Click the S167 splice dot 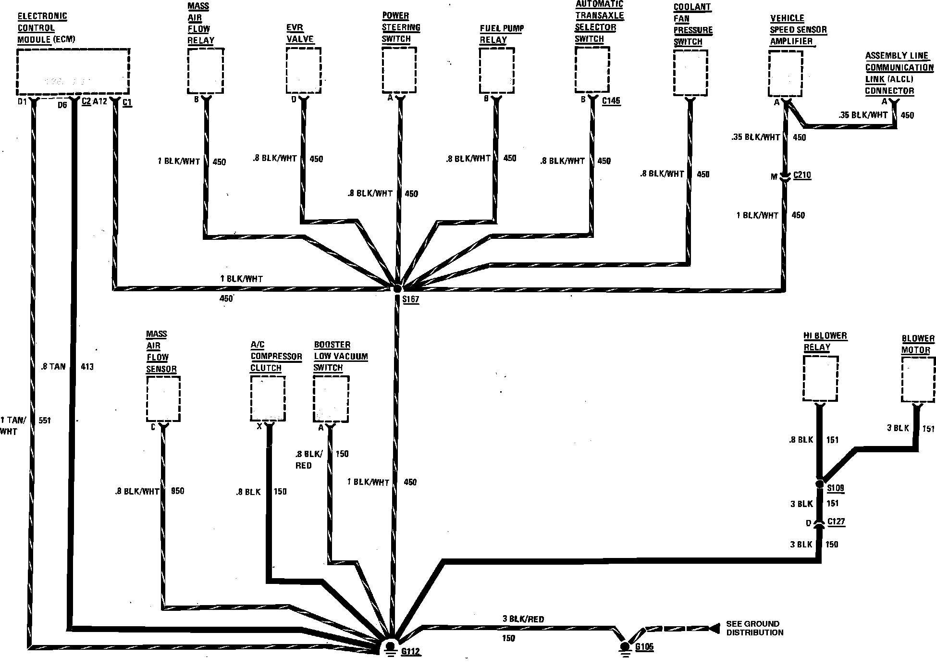pos(397,288)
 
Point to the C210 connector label pos(802,175)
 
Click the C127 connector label pos(836,522)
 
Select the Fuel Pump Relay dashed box pos(497,70)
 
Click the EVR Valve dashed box pos(303,70)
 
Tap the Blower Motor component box pos(918,379)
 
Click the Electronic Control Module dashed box pos(73,71)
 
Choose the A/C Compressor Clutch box pos(268,398)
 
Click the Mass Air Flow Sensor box pos(163,398)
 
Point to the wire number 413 pos(87,367)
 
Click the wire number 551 pos(45,421)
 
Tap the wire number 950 pos(177,491)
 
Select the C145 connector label pos(611,101)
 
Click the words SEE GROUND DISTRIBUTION pos(754,628)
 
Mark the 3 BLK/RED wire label pos(523,619)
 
